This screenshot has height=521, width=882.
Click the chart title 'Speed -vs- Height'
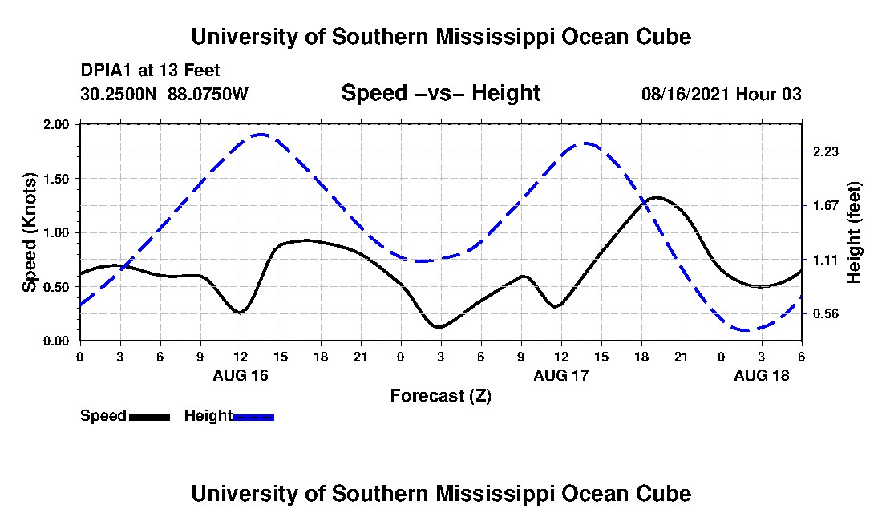440,93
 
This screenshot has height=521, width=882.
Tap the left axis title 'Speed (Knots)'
30,232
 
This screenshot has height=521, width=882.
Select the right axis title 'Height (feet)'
853,232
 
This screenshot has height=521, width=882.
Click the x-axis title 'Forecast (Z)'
440,395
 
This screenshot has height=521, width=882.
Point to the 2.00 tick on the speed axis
57,125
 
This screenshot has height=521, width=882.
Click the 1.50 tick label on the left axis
57,179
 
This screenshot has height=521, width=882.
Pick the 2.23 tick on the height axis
825,151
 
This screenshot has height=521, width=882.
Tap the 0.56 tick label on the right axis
825,313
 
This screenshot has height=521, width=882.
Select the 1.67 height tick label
825,205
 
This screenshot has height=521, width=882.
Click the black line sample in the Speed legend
149,417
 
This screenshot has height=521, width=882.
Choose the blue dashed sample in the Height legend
253,417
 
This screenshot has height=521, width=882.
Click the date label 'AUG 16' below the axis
240,375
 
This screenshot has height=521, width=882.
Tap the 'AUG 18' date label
761,375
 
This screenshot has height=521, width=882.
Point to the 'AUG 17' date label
560,375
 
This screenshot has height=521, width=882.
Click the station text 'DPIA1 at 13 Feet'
150,71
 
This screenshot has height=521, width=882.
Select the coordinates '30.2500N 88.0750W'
164,94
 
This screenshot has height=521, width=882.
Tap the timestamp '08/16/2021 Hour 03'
721,94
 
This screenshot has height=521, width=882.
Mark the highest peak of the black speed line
657,197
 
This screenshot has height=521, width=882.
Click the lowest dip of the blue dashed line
746,329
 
